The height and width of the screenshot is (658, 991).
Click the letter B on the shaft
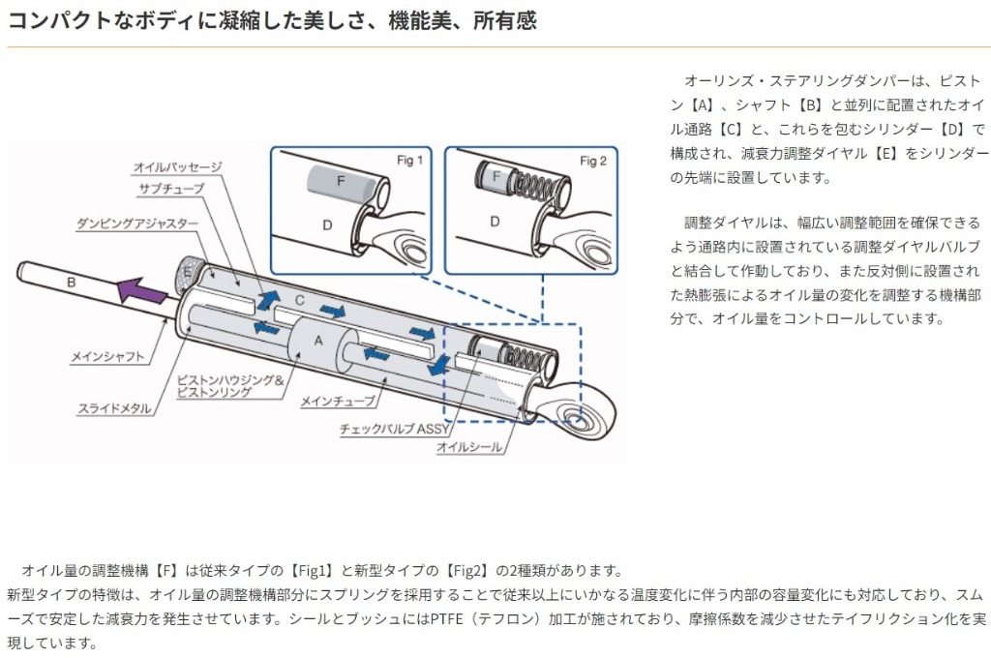coord(71,282)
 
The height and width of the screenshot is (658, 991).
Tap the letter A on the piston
coord(317,339)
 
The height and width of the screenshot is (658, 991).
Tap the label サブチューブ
coord(170,189)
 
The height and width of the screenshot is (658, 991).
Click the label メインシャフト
coord(107,357)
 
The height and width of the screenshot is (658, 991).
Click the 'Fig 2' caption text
coord(592,161)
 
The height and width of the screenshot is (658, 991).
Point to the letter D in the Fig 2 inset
coord(494,221)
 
